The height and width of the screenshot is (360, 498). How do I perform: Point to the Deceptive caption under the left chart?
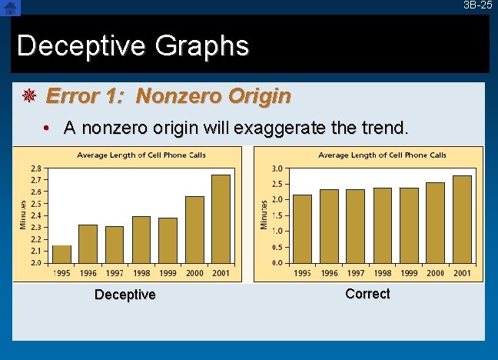point(124,295)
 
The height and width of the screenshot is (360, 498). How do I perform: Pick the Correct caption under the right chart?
point(367,294)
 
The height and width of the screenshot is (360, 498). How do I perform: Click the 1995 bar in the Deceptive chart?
point(61,254)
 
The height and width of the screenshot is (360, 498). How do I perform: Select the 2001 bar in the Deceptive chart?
point(221,219)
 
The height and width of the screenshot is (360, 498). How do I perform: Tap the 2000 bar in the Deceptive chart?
point(194,229)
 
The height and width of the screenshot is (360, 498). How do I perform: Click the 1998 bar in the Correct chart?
point(383,225)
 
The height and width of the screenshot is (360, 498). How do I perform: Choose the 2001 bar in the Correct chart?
point(462,219)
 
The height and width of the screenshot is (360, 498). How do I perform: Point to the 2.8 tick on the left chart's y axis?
point(36,168)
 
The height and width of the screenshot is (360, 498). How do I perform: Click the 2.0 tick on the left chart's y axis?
point(36,262)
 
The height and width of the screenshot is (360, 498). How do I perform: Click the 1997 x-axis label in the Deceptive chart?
point(115,273)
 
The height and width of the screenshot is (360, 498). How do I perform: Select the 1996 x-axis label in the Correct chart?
point(329,273)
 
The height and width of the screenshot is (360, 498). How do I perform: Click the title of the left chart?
point(141,155)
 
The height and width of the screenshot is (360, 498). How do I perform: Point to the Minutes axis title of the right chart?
point(264,215)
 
